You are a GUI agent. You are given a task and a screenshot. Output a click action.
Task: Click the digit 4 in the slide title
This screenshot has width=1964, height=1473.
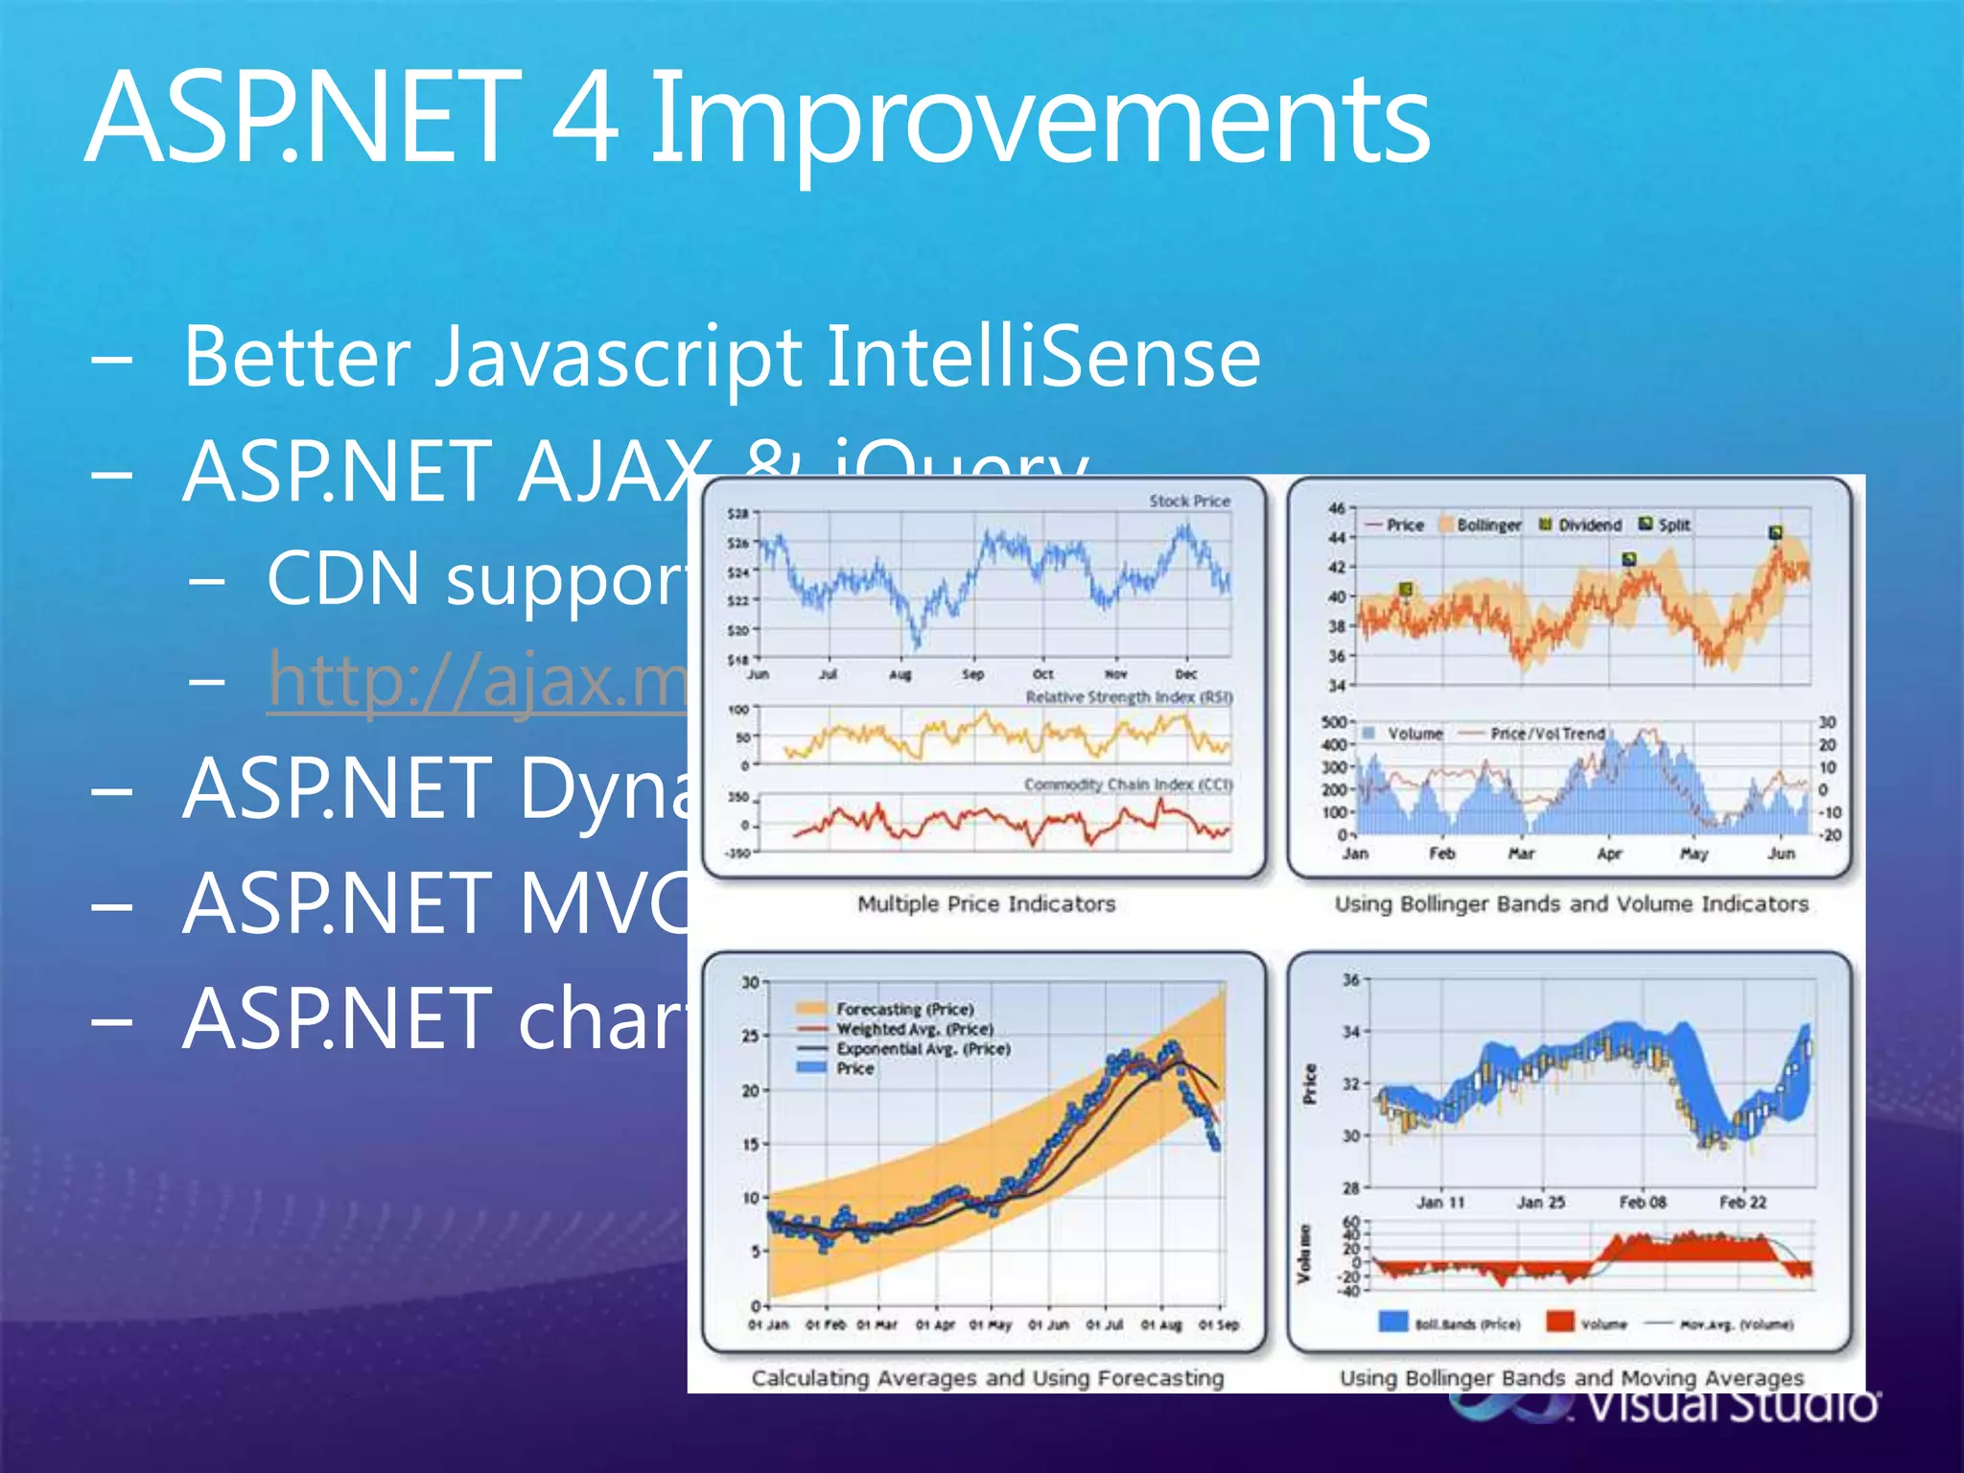pyautogui.click(x=585, y=120)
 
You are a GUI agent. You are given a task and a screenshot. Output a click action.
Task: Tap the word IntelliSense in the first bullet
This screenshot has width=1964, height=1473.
pyautogui.click(x=1042, y=357)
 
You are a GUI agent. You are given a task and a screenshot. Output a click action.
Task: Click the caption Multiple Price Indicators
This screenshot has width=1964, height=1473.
pyautogui.click(x=986, y=904)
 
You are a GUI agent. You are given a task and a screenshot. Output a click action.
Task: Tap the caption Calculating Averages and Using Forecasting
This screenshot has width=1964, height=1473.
pyautogui.click(x=988, y=1378)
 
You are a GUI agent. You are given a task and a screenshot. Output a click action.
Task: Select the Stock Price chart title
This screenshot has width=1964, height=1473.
pyautogui.click(x=1189, y=501)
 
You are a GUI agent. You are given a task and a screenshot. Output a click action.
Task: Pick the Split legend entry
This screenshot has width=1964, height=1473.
pyautogui.click(x=1673, y=525)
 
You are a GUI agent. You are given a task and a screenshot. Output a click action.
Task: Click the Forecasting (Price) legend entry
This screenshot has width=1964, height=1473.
pyautogui.click(x=904, y=1009)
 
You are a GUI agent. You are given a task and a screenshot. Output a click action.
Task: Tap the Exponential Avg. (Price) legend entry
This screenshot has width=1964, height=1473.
pyautogui.click(x=923, y=1049)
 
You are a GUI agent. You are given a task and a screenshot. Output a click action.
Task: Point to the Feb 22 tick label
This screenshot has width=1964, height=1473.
pyautogui.click(x=1742, y=1202)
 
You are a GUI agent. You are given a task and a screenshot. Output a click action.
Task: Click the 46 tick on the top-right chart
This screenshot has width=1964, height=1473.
pyautogui.click(x=1337, y=507)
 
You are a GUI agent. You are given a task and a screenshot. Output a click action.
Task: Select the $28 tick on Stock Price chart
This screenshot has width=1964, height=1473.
pyautogui.click(x=737, y=514)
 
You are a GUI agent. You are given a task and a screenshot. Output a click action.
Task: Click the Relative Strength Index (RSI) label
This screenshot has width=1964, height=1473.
pyautogui.click(x=1128, y=697)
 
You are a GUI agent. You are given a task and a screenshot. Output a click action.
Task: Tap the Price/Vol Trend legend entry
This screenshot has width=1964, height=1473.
pyautogui.click(x=1547, y=734)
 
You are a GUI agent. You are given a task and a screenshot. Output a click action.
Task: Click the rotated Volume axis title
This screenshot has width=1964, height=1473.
pyautogui.click(x=1304, y=1252)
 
